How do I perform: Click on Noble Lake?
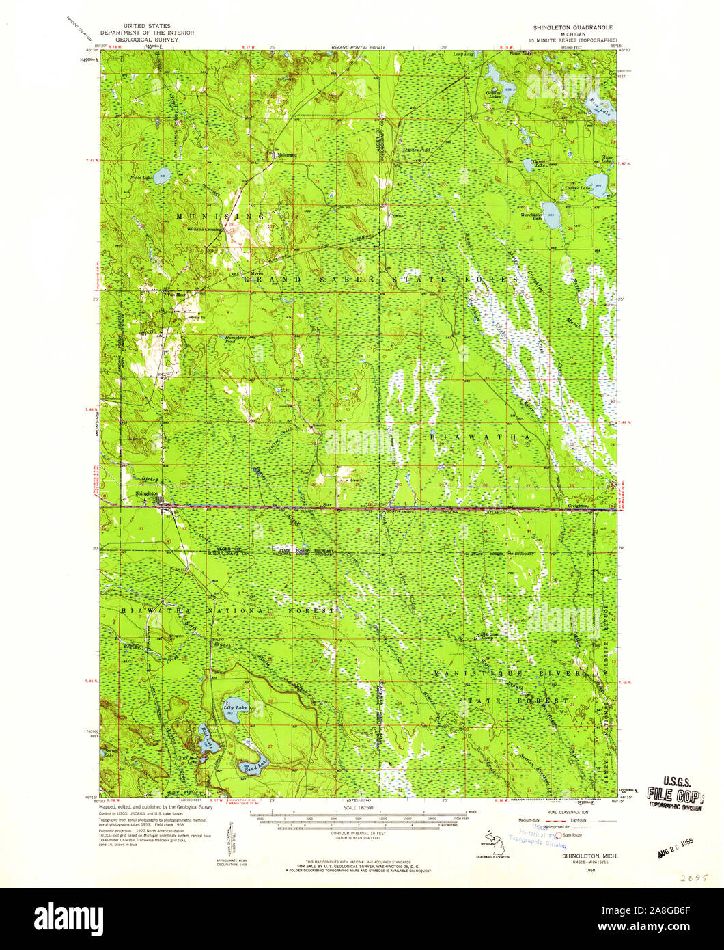(162, 176)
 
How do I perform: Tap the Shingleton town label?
(147, 493)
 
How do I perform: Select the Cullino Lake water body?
(597, 185)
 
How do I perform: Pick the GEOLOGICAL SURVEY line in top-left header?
(147, 40)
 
